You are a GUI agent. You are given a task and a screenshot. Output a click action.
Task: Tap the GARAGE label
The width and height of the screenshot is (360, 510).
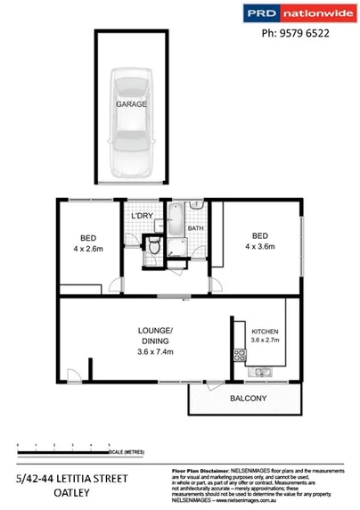click(130, 104)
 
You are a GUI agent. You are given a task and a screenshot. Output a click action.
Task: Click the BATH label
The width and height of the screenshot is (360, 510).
click(195, 228)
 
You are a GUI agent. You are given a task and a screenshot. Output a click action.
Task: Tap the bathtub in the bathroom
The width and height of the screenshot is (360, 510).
click(176, 222)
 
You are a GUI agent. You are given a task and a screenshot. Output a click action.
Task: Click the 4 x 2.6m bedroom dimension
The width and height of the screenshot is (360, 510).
click(88, 250)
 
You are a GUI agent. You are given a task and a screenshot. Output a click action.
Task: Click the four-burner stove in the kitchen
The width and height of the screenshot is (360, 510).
click(239, 355)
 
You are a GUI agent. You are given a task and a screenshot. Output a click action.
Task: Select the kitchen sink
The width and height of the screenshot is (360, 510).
click(263, 371)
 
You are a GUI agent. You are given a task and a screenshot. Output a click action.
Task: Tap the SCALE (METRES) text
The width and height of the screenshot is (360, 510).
click(127, 451)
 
